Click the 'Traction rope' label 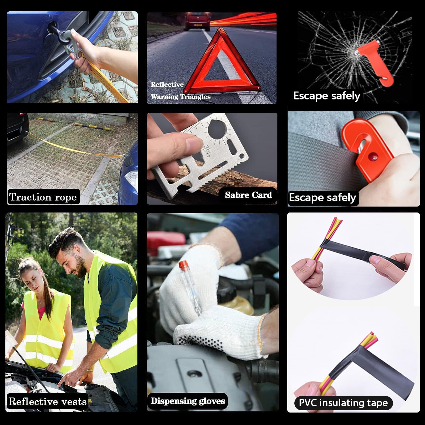[43, 197]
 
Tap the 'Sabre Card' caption [248, 195]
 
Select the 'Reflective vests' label [48, 401]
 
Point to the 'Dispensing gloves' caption [188, 401]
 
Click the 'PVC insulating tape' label [343, 403]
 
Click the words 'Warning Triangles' [180, 97]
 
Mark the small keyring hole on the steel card [242, 156]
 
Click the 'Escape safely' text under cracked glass [327, 96]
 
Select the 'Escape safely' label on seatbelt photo [322, 197]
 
